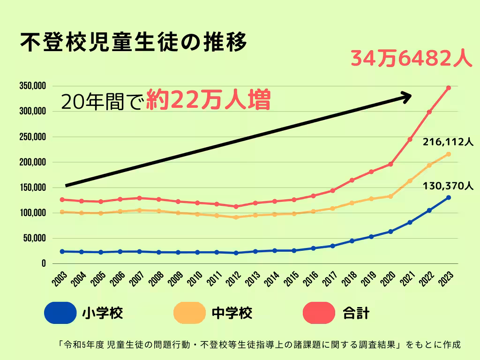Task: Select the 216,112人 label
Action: click(448, 142)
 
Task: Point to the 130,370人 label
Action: click(448, 186)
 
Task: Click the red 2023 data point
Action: click(449, 88)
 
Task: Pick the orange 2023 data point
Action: click(449, 154)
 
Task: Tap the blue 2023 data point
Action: click(449, 197)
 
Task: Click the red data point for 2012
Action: click(236, 206)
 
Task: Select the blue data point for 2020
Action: click(390, 231)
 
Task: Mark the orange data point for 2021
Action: click(410, 180)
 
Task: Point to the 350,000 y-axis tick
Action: click(32, 86)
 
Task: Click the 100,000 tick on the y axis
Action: click(32, 213)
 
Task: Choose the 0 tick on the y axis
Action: click(43, 263)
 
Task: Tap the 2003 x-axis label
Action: click(60, 278)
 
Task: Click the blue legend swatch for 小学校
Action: click(60, 313)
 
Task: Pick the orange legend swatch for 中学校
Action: click(189, 313)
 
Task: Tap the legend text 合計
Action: click(356, 313)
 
